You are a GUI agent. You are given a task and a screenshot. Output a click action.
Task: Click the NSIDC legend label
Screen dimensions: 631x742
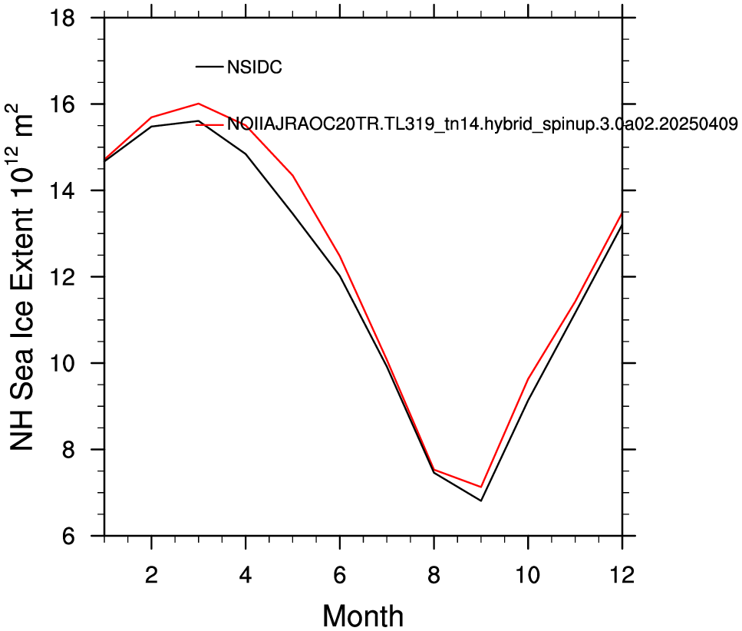coord(255,67)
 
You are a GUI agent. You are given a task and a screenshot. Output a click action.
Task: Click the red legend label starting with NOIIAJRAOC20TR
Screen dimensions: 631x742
coord(482,124)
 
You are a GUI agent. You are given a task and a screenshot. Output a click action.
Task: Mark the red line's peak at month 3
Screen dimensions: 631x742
coord(199,103)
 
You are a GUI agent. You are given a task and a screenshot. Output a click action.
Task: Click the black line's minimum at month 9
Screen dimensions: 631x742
coord(481,501)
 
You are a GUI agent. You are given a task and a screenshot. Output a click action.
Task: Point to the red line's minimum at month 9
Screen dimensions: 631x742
coord(481,487)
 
